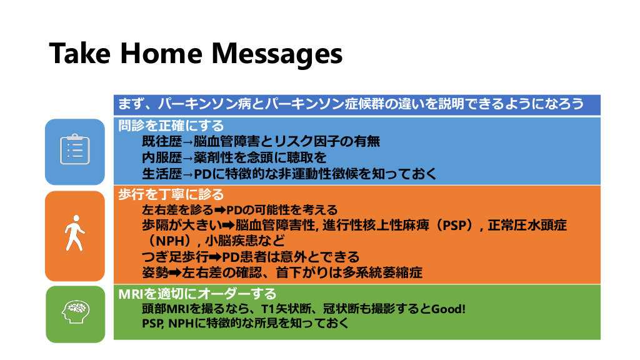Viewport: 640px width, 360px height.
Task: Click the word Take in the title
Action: [80, 53]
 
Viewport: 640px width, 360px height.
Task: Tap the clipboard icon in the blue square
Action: [75, 149]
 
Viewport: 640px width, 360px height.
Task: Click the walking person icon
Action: [75, 233]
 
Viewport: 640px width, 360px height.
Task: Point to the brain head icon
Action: [76, 312]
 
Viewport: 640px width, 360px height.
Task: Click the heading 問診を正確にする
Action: [171, 125]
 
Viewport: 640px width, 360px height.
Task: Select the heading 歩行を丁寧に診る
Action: [171, 194]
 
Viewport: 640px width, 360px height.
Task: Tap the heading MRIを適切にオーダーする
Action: [197, 294]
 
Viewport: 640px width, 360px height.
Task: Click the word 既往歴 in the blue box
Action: [162, 141]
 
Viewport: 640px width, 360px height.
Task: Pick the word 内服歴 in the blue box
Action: [162, 157]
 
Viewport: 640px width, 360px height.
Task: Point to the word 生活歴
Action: [162, 174]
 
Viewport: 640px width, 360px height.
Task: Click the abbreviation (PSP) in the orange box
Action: [455, 225]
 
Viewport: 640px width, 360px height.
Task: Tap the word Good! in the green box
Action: [448, 309]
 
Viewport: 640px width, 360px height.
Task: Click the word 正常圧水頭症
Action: [527, 225]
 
